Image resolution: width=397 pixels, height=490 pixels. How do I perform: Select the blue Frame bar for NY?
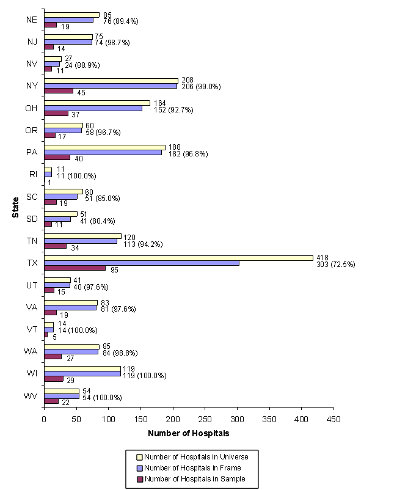coord(111,86)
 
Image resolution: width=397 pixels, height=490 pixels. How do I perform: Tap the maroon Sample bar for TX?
coord(75,268)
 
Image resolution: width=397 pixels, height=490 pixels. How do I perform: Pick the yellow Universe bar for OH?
coord(97,103)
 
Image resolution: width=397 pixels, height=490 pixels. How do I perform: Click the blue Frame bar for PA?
coord(103,152)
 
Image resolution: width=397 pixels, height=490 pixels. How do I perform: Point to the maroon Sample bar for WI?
coord(54,379)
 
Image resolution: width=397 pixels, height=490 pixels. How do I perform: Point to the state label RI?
coord(33,175)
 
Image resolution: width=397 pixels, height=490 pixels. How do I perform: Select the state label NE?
coord(32,20)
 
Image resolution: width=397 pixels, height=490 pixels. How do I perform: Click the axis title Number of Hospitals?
coord(188,434)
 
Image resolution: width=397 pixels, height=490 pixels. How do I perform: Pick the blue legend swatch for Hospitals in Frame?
coord(139,468)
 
